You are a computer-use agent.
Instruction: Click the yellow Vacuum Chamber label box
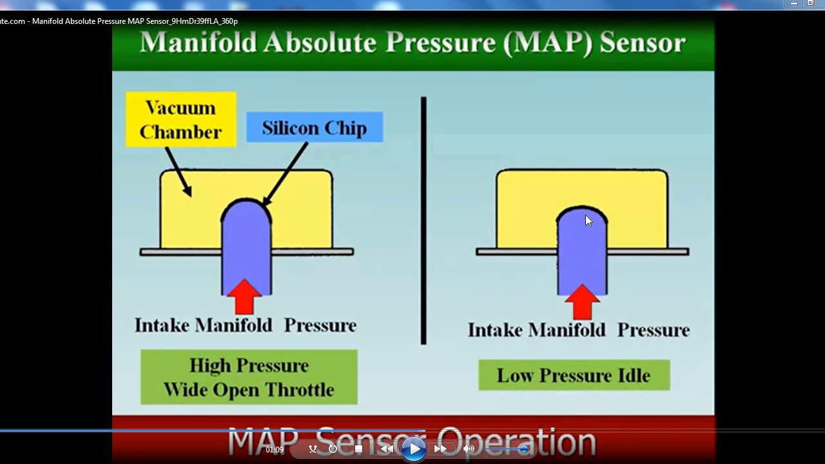pyautogui.click(x=181, y=119)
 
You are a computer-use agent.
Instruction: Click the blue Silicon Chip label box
pyautogui.click(x=315, y=128)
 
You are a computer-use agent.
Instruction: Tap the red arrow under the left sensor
pyautogui.click(x=245, y=297)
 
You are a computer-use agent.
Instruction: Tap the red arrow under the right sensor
pyautogui.click(x=582, y=302)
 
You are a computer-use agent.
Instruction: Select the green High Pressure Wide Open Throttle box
pyautogui.click(x=249, y=377)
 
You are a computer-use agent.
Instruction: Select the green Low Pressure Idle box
pyautogui.click(x=574, y=375)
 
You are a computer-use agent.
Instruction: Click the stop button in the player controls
pyautogui.click(x=359, y=449)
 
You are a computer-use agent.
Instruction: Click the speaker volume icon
pyautogui.click(x=469, y=449)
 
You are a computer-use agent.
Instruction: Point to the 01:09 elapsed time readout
pyautogui.click(x=275, y=450)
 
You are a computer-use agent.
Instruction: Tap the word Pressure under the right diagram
pyautogui.click(x=653, y=330)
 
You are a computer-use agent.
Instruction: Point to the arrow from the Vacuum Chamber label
pyautogui.click(x=179, y=171)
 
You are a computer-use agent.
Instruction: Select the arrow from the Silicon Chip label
pyautogui.click(x=286, y=173)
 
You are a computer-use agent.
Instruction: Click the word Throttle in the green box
pyautogui.click(x=302, y=390)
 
